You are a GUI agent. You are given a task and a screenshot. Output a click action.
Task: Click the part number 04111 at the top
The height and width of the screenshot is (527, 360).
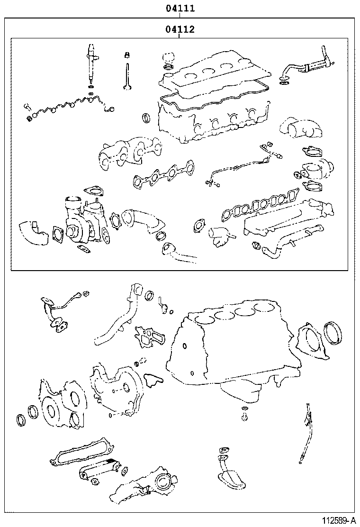pos(180,8)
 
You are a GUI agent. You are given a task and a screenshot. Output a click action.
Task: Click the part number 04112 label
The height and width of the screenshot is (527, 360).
pos(180,29)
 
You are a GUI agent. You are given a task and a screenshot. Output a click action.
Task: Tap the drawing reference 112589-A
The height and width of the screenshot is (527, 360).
pos(339,521)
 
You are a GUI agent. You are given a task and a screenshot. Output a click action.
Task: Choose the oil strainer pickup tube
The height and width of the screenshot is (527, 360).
pos(231,471)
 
